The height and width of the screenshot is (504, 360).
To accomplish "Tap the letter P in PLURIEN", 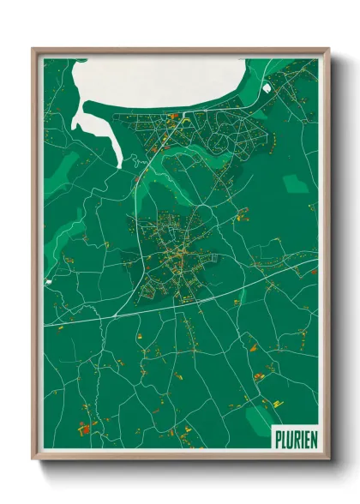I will [277, 438].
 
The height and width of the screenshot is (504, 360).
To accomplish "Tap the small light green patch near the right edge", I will [296, 183].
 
